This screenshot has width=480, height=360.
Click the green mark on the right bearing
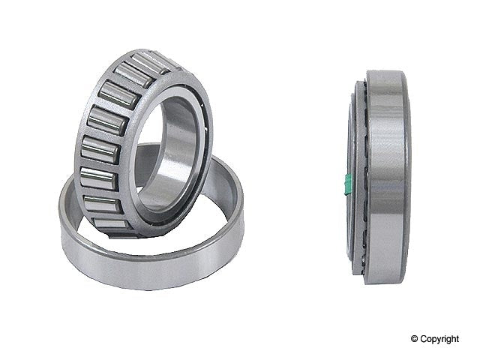(x=347, y=184)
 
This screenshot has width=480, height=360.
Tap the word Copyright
(x=439, y=339)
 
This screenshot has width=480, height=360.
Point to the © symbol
(x=415, y=338)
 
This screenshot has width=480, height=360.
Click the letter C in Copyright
(x=424, y=338)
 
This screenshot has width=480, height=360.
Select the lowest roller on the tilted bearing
(x=111, y=223)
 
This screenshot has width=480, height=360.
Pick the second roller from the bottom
(x=103, y=203)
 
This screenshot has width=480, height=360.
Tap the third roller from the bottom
(x=98, y=178)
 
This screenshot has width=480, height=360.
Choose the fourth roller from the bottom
(x=100, y=150)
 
